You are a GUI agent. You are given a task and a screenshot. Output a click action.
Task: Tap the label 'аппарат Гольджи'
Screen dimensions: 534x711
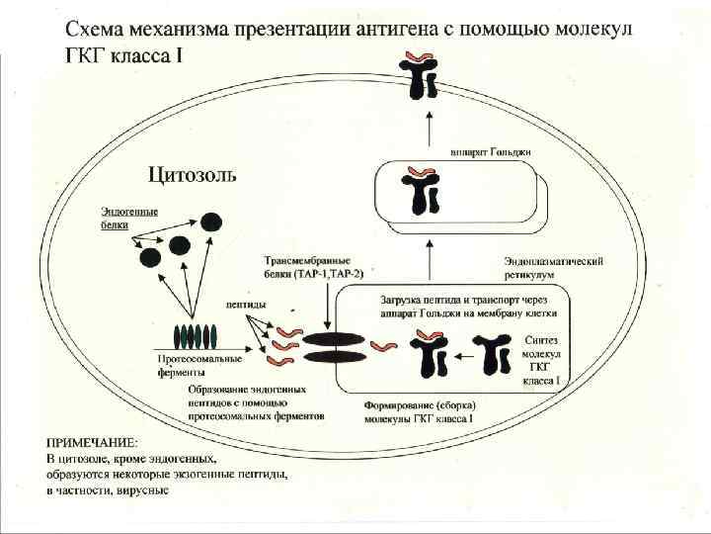point(490,152)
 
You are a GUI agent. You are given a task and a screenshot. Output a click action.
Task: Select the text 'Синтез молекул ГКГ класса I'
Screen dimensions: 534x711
point(542,359)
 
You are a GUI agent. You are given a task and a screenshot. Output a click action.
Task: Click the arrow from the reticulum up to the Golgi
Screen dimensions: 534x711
point(429,263)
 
